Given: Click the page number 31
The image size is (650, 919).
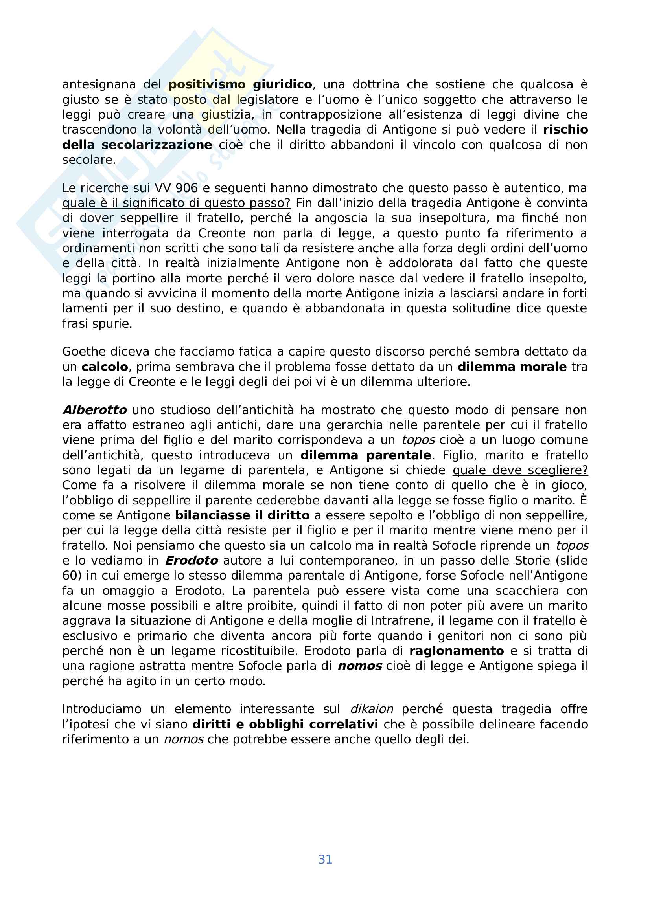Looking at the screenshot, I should pos(325,859).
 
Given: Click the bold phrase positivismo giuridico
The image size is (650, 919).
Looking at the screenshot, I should pos(240,84).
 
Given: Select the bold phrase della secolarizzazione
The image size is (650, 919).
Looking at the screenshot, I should pos(137,145).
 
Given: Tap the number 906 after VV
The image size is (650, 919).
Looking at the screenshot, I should pos(195,188).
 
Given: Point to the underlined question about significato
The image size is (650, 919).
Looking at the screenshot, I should pos(176,204).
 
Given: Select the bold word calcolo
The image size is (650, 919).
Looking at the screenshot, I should pos(105,367).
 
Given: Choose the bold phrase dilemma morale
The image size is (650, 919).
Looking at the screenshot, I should pos(512,367).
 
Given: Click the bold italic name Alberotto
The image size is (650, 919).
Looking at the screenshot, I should pos(94,410).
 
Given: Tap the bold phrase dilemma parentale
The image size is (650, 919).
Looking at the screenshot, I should pos(365,455).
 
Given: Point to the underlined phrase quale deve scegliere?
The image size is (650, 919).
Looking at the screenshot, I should pos(520,470).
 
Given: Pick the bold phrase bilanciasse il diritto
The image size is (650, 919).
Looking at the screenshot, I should pos(242,515).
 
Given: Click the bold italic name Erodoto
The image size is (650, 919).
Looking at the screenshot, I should pos(192,561).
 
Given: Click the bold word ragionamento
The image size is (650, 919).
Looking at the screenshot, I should pos(456,651).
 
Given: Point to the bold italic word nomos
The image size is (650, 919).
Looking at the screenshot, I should pos(359,666).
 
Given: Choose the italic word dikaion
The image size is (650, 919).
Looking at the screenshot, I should pos(371,709).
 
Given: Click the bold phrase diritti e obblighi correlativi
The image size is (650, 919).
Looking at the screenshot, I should pos(285,725).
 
